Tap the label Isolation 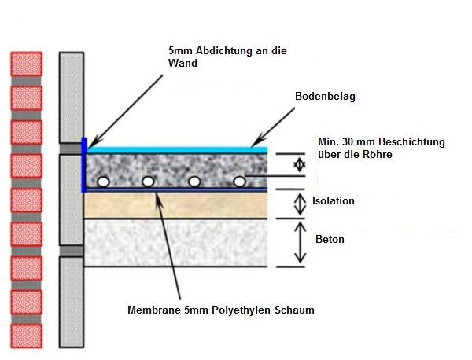click(334, 201)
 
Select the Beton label click(329, 239)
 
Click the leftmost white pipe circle click(102, 182)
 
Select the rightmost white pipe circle click(239, 182)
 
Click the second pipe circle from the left click(148, 182)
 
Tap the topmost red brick click(24, 63)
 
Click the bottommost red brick click(24, 335)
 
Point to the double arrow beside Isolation click(297, 204)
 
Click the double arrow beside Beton click(297, 242)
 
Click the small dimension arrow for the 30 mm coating click(297, 164)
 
